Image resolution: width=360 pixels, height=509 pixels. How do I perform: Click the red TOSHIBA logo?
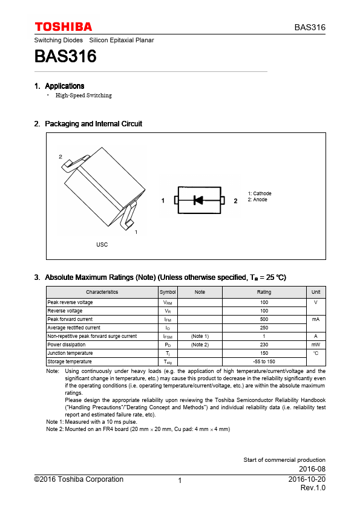[x=64, y=27]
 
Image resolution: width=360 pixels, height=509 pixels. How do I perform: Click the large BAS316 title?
[x=65, y=56]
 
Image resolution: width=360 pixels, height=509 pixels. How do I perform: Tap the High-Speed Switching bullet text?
[x=83, y=95]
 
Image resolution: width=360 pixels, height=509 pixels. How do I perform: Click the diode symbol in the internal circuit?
[x=198, y=200]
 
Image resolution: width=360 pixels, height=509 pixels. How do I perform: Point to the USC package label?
[x=102, y=244]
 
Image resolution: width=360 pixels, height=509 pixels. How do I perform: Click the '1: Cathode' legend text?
[x=260, y=193]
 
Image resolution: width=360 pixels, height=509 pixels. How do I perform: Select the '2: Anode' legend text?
[x=257, y=199]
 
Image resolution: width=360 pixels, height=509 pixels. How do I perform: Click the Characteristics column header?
[x=102, y=292]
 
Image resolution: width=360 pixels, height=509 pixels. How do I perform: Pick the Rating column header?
[x=264, y=292]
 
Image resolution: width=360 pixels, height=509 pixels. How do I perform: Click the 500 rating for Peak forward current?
[x=264, y=319]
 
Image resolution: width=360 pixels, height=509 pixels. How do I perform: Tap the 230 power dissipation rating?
[x=264, y=345]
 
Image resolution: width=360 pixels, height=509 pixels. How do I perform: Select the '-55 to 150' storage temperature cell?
[x=264, y=361]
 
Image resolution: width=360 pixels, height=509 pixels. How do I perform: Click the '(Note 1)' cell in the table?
[x=200, y=336]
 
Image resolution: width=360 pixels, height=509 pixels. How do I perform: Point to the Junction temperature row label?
[x=70, y=353]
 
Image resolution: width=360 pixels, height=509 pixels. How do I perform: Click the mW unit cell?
[x=316, y=345]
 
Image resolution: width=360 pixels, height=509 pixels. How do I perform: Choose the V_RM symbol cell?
[x=168, y=302]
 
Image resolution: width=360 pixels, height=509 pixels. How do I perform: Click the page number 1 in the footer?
[x=180, y=481]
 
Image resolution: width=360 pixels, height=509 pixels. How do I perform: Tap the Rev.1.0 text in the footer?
[x=313, y=488]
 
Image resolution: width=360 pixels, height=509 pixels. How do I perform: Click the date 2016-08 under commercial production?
[x=312, y=468]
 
